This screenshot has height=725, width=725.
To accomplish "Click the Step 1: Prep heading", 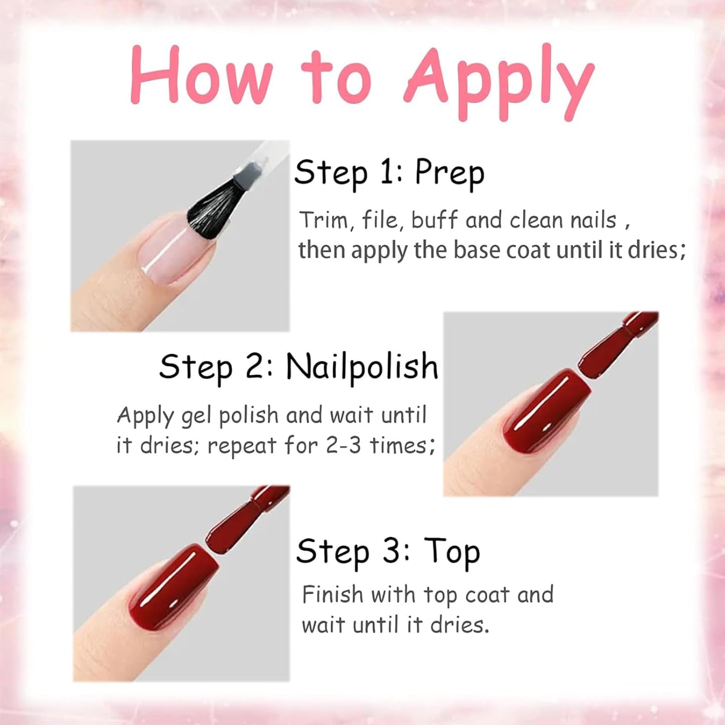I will pos(389,173).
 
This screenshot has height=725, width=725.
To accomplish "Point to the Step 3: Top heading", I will pos(388,552).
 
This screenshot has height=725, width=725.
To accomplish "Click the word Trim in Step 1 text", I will pos(323,220).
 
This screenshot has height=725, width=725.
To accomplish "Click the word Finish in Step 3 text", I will pos(332,595).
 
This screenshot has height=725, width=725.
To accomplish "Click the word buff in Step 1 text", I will pos(434,220).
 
